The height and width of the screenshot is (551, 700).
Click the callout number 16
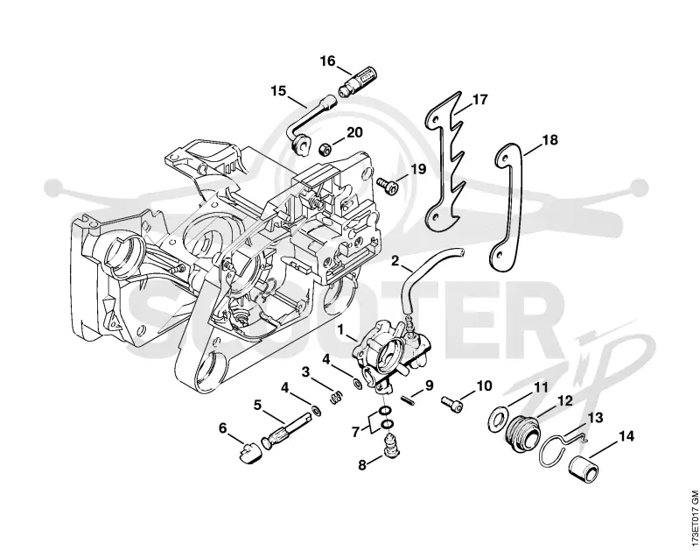tap(327, 60)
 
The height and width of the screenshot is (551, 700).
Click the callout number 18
tap(550, 140)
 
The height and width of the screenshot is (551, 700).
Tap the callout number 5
tap(257, 406)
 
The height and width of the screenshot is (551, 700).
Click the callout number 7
tap(356, 432)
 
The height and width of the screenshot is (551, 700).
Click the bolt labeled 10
tap(451, 400)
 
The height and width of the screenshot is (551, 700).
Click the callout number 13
tap(595, 418)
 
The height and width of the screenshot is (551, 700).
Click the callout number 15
tap(278, 91)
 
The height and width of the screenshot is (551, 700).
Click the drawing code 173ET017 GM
tap(693, 519)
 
